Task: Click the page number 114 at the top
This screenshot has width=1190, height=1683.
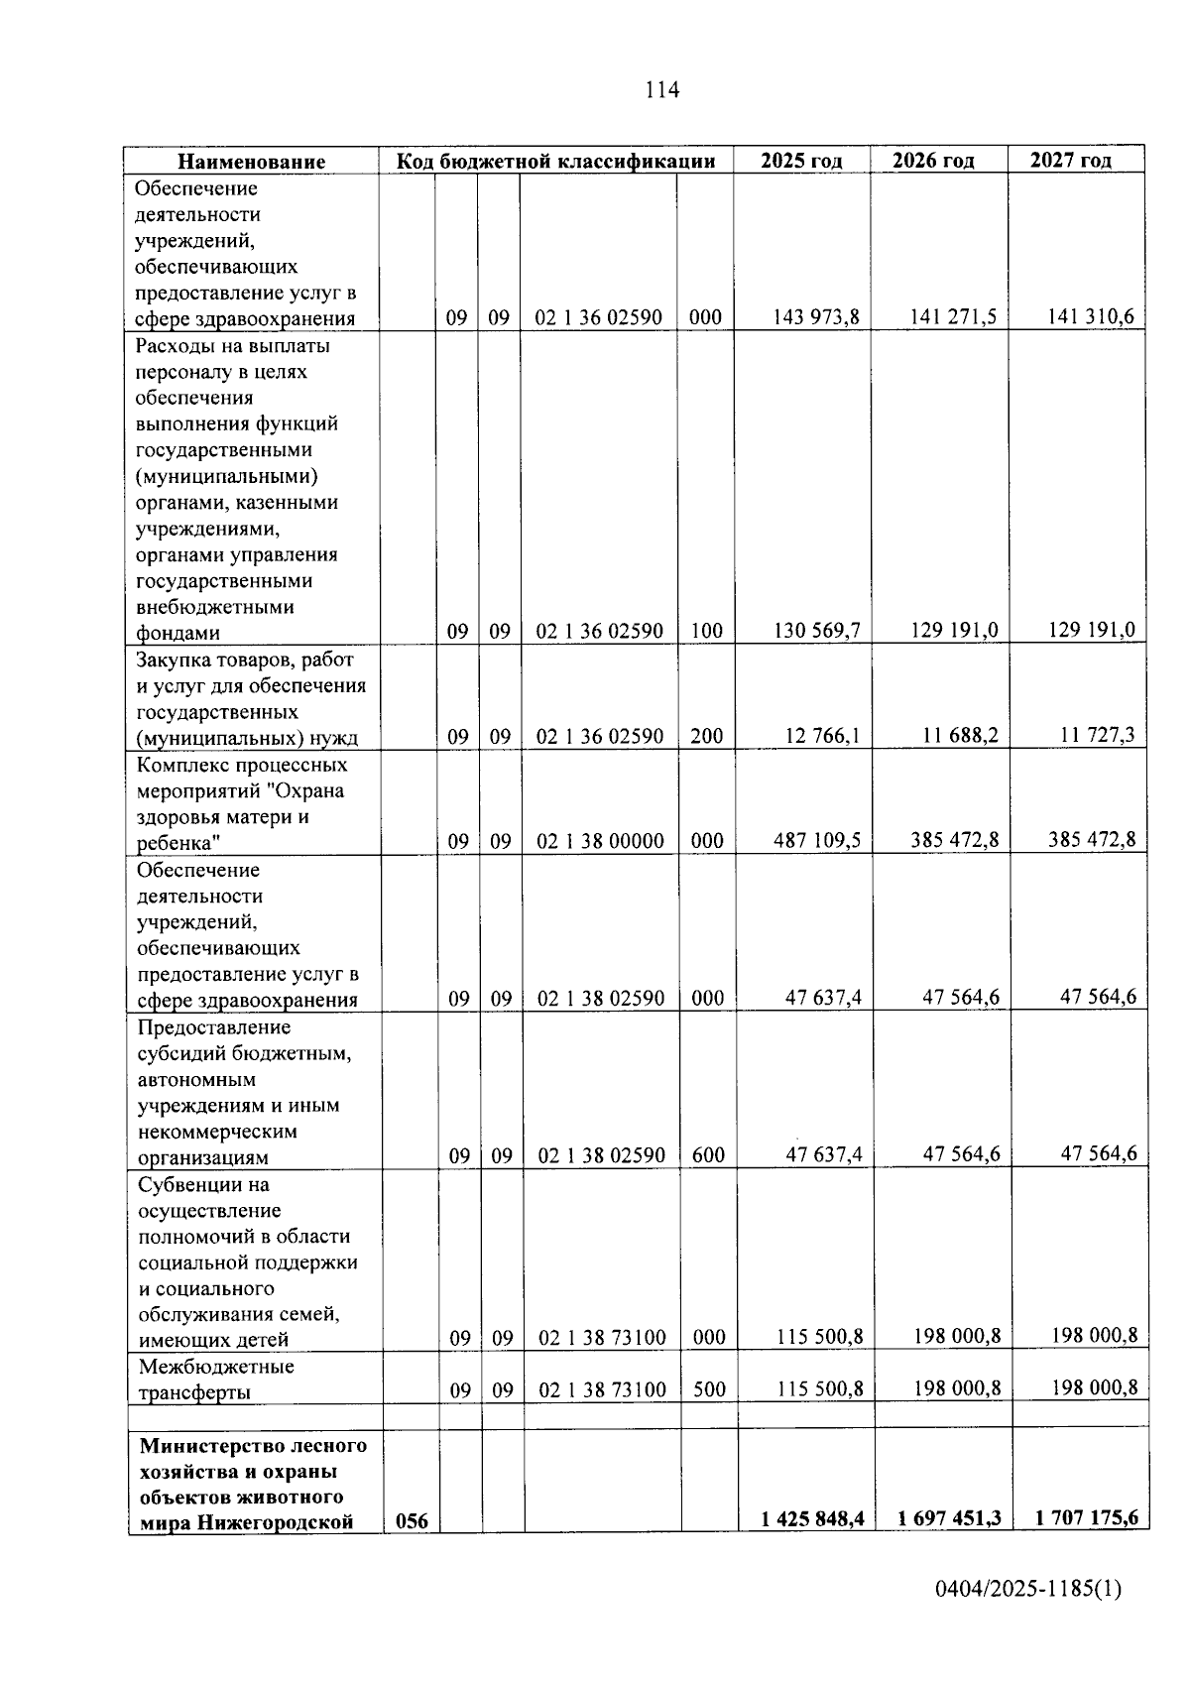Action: (661, 90)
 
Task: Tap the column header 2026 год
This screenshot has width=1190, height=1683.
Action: (932, 161)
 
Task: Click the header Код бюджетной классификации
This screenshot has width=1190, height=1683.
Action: (555, 162)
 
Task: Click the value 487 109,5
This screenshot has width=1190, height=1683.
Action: (817, 841)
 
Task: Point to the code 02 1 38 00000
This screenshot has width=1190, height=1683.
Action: (600, 841)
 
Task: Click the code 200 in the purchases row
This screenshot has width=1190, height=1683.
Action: (706, 736)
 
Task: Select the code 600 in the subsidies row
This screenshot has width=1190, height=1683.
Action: (708, 1155)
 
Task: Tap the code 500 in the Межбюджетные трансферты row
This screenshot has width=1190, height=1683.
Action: (709, 1389)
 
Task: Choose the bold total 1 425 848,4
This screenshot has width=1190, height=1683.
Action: (812, 1518)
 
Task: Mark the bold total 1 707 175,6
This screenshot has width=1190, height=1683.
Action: (1087, 1518)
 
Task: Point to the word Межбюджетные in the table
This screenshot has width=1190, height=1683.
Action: (216, 1367)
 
